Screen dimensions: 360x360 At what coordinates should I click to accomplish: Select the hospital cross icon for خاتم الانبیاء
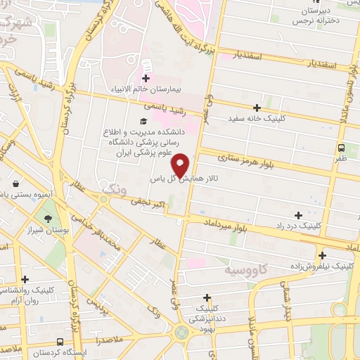click(146, 78)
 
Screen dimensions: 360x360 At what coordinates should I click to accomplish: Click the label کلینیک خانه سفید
click(257, 118)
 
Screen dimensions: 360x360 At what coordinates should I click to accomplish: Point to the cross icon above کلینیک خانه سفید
click(257, 108)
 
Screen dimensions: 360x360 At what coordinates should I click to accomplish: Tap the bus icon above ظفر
click(340, 148)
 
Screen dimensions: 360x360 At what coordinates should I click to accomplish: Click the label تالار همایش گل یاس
click(180, 180)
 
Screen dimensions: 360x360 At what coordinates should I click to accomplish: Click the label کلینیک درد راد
click(300, 226)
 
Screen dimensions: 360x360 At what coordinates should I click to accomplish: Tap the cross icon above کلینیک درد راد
click(299, 215)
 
